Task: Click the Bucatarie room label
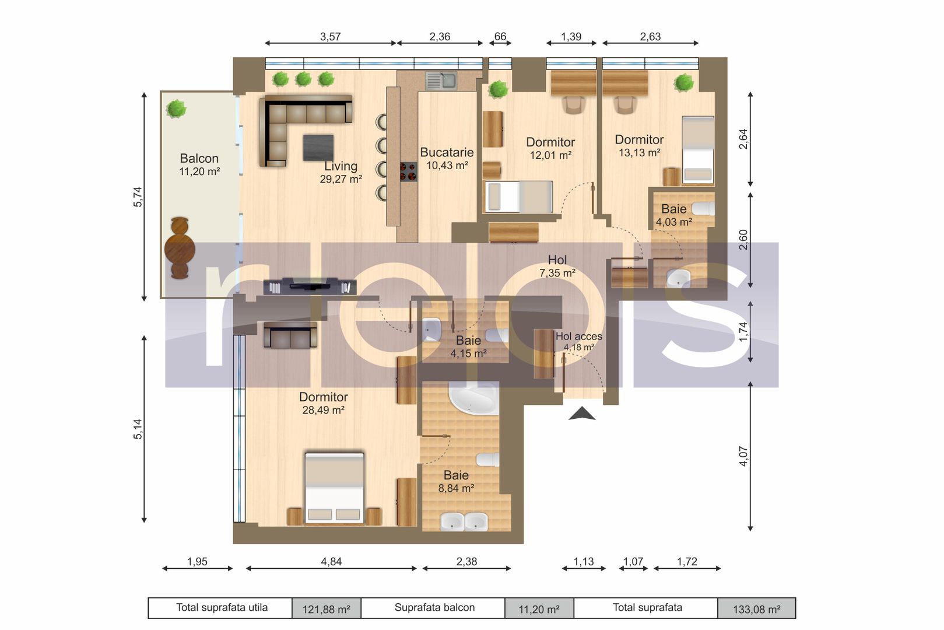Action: coord(447,153)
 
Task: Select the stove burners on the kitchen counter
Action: coord(408,171)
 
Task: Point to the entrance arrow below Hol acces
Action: coord(582,414)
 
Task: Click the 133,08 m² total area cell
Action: coord(756,609)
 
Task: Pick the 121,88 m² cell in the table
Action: coord(326,609)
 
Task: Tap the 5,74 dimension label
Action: coord(138,197)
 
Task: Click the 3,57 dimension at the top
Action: coord(330,37)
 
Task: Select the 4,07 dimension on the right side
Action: coord(743,456)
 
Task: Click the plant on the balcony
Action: coord(176,108)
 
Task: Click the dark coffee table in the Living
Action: coord(318,148)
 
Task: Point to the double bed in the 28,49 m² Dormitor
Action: coord(335,487)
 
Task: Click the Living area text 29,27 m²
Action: coord(341,180)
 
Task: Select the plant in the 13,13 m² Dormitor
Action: coord(684,83)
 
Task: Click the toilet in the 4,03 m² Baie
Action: coord(703,208)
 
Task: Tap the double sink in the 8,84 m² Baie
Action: coord(464,521)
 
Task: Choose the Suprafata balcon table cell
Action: coord(434,608)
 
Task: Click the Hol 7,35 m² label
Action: coord(557,266)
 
